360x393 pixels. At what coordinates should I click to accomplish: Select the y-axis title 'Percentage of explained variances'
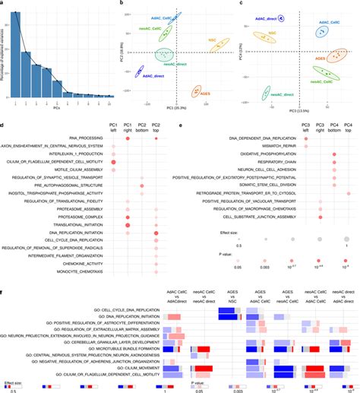point(4,54)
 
